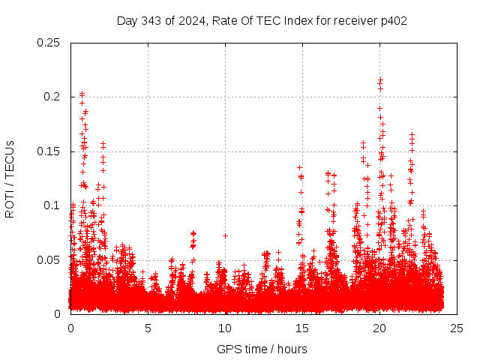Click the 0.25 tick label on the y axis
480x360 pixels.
pos(49,43)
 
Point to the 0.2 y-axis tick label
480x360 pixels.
pos(52,97)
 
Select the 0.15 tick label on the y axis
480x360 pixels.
pos(49,151)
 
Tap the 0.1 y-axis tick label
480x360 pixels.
pos(52,205)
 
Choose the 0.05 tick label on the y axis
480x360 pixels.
pos(49,259)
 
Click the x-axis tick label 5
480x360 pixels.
pos(148,328)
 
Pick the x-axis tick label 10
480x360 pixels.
pos(225,328)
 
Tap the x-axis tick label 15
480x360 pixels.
pos(302,328)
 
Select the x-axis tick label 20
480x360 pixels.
pos(379,328)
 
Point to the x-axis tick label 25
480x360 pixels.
pos(457,328)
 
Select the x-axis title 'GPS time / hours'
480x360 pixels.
pos(262,349)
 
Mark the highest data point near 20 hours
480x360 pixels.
pos(380,79)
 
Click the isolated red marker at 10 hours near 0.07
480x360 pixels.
pos(225,235)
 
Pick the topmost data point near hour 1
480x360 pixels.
pos(82,94)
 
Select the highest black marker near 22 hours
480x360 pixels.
pos(412,134)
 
